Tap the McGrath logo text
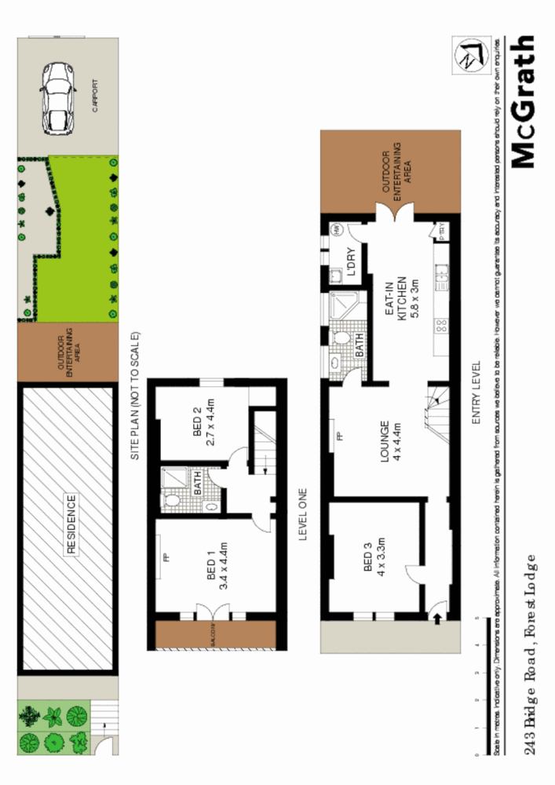(x=524, y=101)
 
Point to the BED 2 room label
(x=203, y=429)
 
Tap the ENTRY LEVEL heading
(x=476, y=394)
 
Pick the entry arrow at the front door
(x=436, y=619)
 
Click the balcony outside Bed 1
(x=214, y=636)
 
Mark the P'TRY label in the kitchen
(x=440, y=232)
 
